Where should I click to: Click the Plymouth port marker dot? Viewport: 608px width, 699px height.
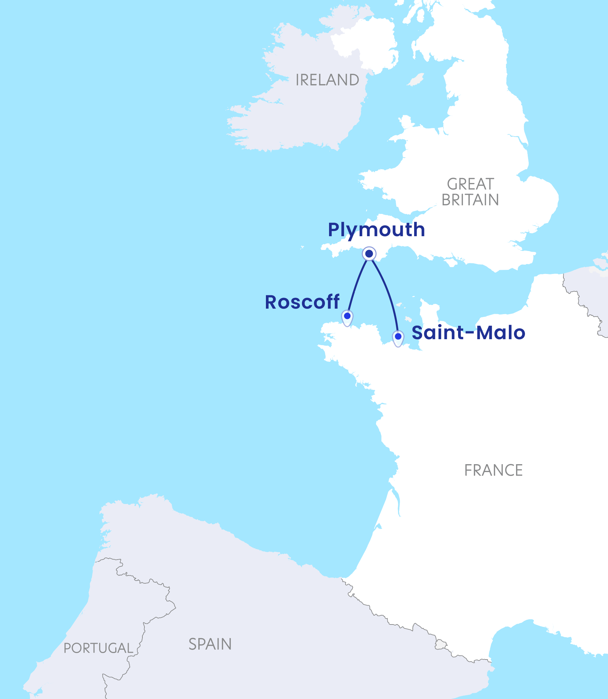pos(369,254)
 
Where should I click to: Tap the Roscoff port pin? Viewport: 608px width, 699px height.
pos(347,317)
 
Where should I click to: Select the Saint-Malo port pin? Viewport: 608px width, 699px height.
pos(398,337)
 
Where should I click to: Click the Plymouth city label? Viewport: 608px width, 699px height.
pos(376,230)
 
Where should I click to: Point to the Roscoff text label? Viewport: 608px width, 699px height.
pos(302,302)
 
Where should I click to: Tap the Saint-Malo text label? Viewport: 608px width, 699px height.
pos(468,333)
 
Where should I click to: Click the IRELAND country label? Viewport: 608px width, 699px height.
pos(327,80)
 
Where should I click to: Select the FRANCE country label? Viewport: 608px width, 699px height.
pos(493,470)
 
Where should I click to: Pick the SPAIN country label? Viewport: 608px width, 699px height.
pos(210,644)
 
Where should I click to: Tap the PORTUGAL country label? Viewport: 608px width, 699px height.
pos(98,648)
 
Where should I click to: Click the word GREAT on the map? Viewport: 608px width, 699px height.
pos(470,184)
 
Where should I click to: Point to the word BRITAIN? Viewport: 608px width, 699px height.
pos(470,200)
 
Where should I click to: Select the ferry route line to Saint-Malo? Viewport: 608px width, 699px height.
pos(388,292)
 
